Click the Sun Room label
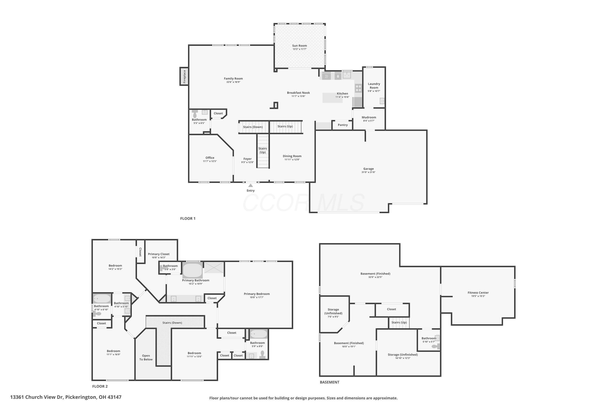(299, 46)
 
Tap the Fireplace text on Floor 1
(184, 76)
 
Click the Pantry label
(343, 125)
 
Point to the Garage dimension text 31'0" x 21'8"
(368, 172)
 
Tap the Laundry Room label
(374, 85)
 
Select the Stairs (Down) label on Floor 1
(253, 127)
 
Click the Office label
(210, 158)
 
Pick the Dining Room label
(292, 156)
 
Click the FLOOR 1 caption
(188, 219)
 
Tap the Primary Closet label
(158, 254)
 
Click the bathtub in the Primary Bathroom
(193, 270)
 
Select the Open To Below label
(146, 357)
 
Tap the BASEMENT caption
(329, 382)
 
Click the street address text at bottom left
(66, 397)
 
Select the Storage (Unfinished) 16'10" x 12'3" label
(403, 355)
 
